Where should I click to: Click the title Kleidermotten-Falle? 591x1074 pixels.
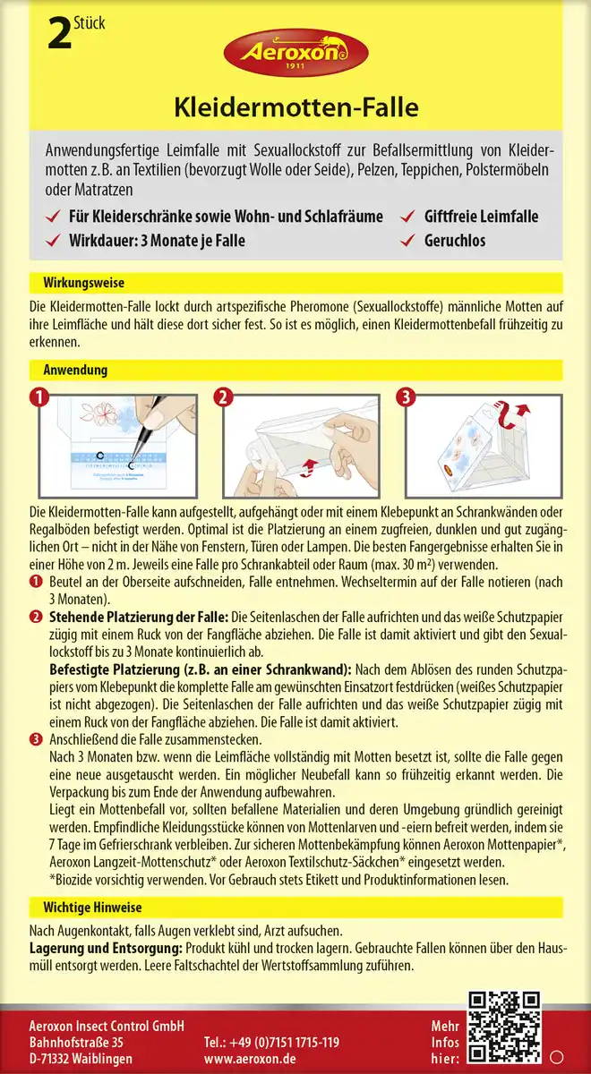tap(295, 110)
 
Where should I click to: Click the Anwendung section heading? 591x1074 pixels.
tap(75, 370)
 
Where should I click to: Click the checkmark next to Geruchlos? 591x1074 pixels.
tap(409, 240)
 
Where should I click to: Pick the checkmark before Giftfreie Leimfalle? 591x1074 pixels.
tap(409, 217)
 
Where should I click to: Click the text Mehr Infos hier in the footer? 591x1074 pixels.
tap(445, 1042)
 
